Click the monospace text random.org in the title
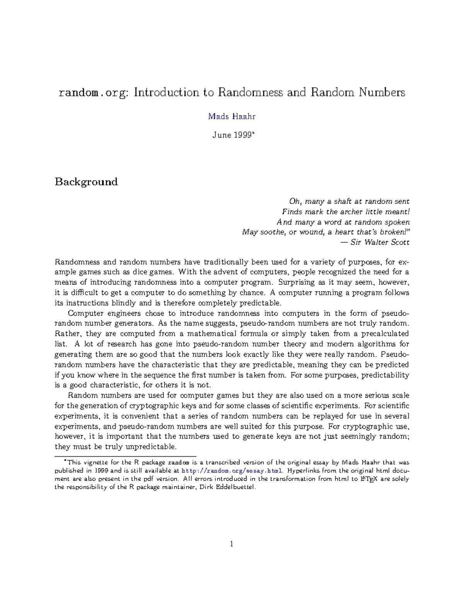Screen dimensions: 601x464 pyautogui.click(x=91, y=93)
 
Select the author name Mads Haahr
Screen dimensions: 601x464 pyautogui.click(x=232, y=116)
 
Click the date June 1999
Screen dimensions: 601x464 pyautogui.click(x=232, y=135)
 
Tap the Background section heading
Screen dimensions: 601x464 pyautogui.click(x=86, y=182)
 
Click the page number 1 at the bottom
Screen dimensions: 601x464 pyautogui.click(x=232, y=544)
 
